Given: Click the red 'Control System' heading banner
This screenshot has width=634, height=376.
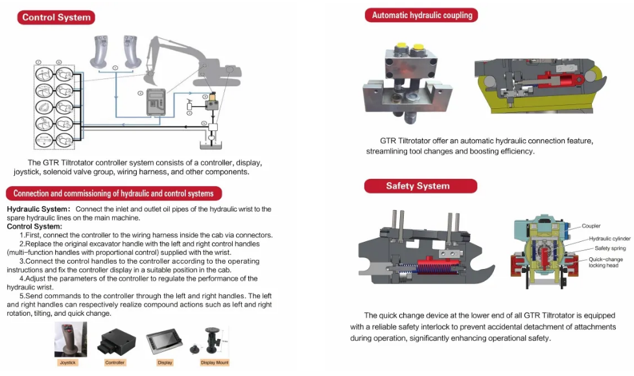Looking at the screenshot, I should (56, 18).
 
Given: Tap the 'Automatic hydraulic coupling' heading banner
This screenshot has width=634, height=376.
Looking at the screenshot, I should (421, 15).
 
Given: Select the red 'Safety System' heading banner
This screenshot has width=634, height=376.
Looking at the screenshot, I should (417, 186).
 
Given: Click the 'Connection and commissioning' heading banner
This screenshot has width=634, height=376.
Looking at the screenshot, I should (113, 193).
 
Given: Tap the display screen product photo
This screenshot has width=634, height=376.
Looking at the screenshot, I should (164, 342).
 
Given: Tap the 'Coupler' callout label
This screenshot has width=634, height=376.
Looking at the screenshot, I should (591, 226).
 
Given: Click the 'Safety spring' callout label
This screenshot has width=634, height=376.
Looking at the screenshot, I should (610, 248).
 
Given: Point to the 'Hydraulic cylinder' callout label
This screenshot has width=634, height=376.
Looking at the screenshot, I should (609, 239).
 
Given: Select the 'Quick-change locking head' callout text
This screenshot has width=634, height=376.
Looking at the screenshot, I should (604, 262).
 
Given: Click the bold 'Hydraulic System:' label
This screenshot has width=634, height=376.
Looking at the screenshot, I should (38, 209).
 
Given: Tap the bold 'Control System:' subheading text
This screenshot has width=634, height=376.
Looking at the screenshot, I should (34, 226).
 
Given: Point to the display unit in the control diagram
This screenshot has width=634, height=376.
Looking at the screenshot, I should (156, 102).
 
